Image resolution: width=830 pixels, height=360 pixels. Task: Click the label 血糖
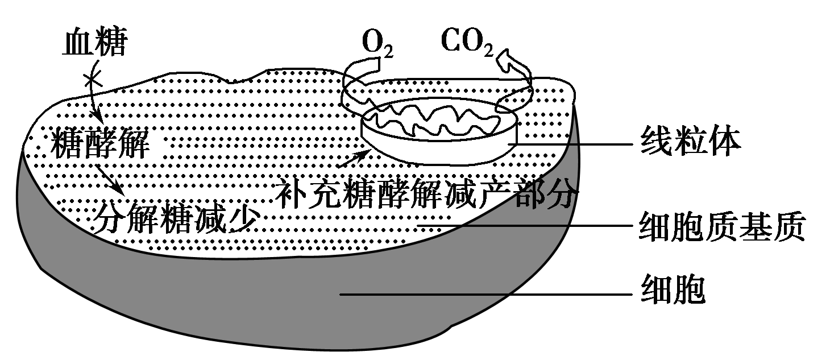click(x=94, y=43)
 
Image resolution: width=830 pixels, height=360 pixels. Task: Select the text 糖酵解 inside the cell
click(x=101, y=144)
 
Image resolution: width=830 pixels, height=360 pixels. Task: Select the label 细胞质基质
click(x=721, y=227)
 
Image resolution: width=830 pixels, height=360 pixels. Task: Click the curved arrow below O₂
click(x=352, y=85)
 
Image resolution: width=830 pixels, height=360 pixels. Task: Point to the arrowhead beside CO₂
click(x=506, y=57)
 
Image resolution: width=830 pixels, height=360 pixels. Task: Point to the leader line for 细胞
click(x=483, y=294)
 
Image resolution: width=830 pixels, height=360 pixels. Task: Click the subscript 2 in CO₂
click(x=487, y=51)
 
